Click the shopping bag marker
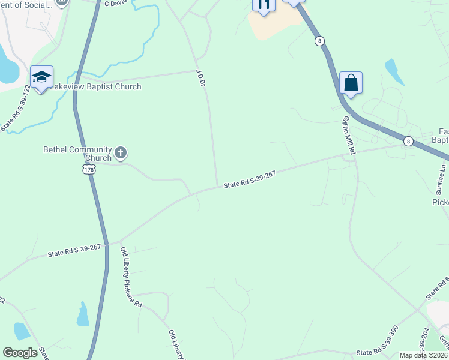[351, 83]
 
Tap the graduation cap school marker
[41, 77]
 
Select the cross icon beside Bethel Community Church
[120, 152]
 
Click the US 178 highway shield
[88, 170]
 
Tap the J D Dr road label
[201, 79]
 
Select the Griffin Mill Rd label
[349, 136]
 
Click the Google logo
[20, 353]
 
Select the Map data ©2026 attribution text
[423, 355]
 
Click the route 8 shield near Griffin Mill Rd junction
[408, 141]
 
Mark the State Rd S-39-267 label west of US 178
[74, 250]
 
